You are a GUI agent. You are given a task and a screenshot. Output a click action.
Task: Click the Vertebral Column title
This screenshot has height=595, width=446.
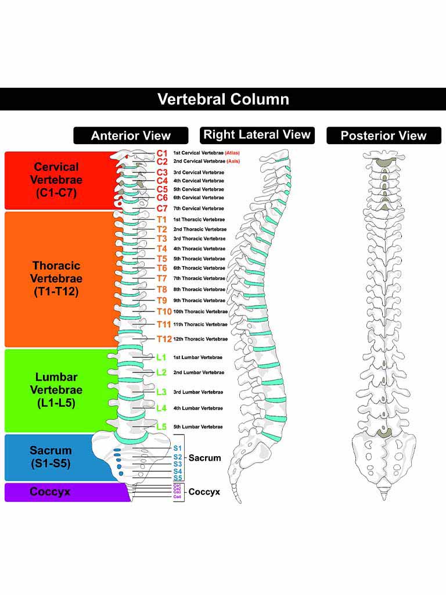click(x=223, y=99)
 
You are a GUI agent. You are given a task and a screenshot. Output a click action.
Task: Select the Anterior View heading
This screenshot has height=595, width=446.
click(x=131, y=136)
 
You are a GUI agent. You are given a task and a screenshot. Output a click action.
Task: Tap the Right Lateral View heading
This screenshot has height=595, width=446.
click(x=257, y=135)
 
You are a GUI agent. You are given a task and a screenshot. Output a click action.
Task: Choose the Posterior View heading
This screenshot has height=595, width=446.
click(x=383, y=136)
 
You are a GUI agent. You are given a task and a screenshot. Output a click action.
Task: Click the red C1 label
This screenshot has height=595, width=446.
click(x=162, y=153)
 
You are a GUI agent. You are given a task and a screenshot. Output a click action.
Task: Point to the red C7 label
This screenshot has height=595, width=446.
click(x=162, y=208)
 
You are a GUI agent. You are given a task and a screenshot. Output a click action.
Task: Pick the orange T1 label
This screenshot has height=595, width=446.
click(x=162, y=220)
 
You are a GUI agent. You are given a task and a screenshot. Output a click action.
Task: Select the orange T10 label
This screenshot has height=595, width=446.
click(x=164, y=311)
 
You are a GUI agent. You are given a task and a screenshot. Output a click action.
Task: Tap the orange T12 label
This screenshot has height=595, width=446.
click(x=164, y=339)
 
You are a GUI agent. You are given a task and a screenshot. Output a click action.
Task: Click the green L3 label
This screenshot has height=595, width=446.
click(x=161, y=392)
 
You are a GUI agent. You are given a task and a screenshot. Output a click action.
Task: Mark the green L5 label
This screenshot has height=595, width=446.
click(x=161, y=426)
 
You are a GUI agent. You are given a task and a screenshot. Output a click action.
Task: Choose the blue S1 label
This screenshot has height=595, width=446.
click(x=178, y=448)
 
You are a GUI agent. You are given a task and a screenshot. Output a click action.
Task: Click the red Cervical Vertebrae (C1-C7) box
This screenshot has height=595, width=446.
click(x=56, y=180)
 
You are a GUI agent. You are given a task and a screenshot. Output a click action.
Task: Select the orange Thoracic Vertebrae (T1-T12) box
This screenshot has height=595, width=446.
click(x=56, y=279)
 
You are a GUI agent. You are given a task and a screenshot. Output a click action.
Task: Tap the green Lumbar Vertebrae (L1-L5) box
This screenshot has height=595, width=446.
click(x=56, y=390)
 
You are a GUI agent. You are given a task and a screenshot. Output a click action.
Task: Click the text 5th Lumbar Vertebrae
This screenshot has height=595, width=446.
click(x=198, y=427)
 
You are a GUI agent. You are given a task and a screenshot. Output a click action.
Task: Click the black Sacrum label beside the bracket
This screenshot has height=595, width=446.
click(x=205, y=458)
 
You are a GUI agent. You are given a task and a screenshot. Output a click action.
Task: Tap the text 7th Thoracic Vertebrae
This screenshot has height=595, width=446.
click(x=199, y=278)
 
